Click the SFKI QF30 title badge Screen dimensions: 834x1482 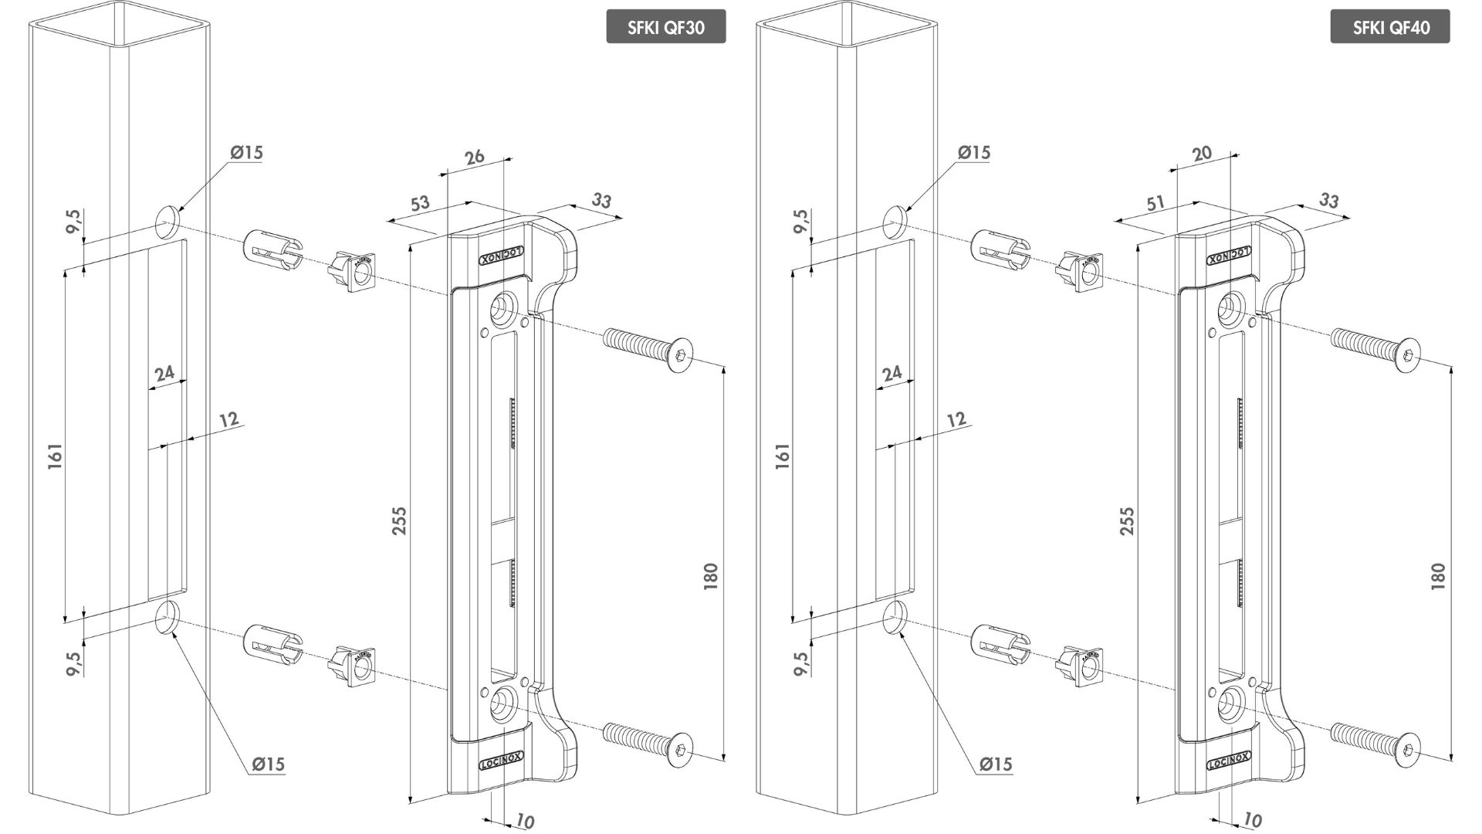(x=665, y=28)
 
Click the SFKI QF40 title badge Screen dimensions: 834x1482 (x=1390, y=28)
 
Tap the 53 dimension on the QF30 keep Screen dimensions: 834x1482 (x=420, y=205)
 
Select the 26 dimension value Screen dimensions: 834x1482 (x=474, y=157)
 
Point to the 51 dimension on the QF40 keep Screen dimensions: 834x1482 (x=1155, y=205)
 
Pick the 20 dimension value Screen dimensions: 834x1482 (x=1202, y=154)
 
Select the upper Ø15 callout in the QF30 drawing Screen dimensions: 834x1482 (x=246, y=152)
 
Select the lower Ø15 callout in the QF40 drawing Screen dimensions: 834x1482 (x=996, y=764)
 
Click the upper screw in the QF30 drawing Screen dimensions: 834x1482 (x=648, y=348)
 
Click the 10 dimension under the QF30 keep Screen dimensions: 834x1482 (x=524, y=822)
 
